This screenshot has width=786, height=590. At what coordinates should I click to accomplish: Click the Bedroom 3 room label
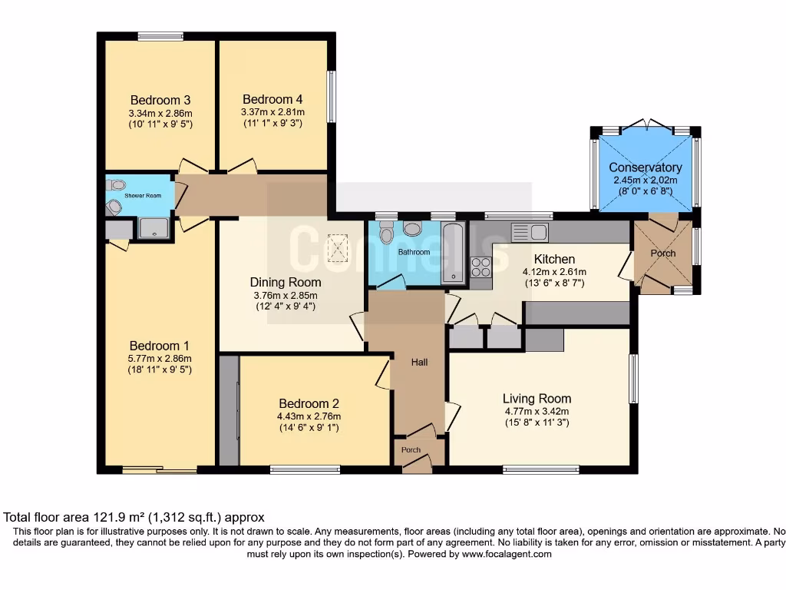[x=160, y=100]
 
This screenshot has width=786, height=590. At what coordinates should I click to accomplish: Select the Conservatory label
[x=645, y=167]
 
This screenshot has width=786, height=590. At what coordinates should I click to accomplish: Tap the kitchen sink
[x=528, y=231]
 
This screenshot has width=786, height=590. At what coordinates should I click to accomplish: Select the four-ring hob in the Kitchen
[x=481, y=267]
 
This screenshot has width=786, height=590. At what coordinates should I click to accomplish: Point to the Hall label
[x=419, y=362]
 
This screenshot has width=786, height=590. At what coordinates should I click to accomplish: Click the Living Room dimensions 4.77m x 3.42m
[x=537, y=411]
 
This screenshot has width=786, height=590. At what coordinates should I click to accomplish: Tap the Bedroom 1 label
[x=160, y=346]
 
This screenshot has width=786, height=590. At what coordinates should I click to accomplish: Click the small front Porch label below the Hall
[x=411, y=450]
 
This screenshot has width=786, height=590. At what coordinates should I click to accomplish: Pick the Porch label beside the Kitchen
[x=663, y=254]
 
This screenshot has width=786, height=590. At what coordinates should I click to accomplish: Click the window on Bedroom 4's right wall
[x=331, y=96]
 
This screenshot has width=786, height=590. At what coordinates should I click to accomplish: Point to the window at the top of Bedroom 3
[x=160, y=36]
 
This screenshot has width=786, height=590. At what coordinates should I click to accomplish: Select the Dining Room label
[x=286, y=282]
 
